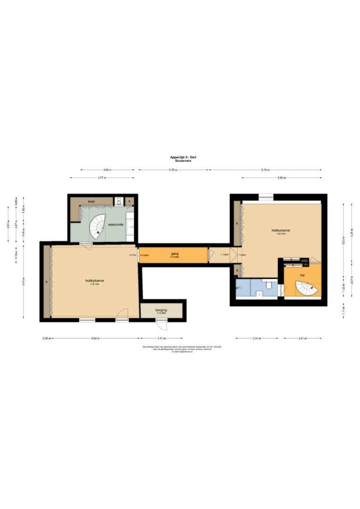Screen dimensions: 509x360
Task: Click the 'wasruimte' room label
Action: click(x=115, y=225)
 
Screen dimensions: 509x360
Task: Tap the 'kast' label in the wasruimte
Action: click(x=91, y=201)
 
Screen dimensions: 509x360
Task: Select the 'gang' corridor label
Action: click(x=175, y=254)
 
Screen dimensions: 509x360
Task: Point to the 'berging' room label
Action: click(x=162, y=311)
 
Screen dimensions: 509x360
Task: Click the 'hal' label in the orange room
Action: click(x=302, y=275)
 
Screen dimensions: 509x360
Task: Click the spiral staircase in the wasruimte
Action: click(x=99, y=225)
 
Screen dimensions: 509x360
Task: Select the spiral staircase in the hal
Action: click(x=303, y=288)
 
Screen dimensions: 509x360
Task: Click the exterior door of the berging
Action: click(x=161, y=325)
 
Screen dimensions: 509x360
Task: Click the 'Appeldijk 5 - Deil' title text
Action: click(x=183, y=157)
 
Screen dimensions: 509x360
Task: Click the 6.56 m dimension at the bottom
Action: click(x=96, y=338)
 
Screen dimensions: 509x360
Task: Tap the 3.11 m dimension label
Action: click(x=161, y=338)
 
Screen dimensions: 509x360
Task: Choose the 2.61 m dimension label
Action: click(x=302, y=338)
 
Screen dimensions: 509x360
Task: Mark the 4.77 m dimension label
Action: click(x=102, y=178)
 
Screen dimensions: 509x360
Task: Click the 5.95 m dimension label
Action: click(x=281, y=178)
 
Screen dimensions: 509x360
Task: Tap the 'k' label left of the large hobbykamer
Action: click(x=47, y=281)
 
